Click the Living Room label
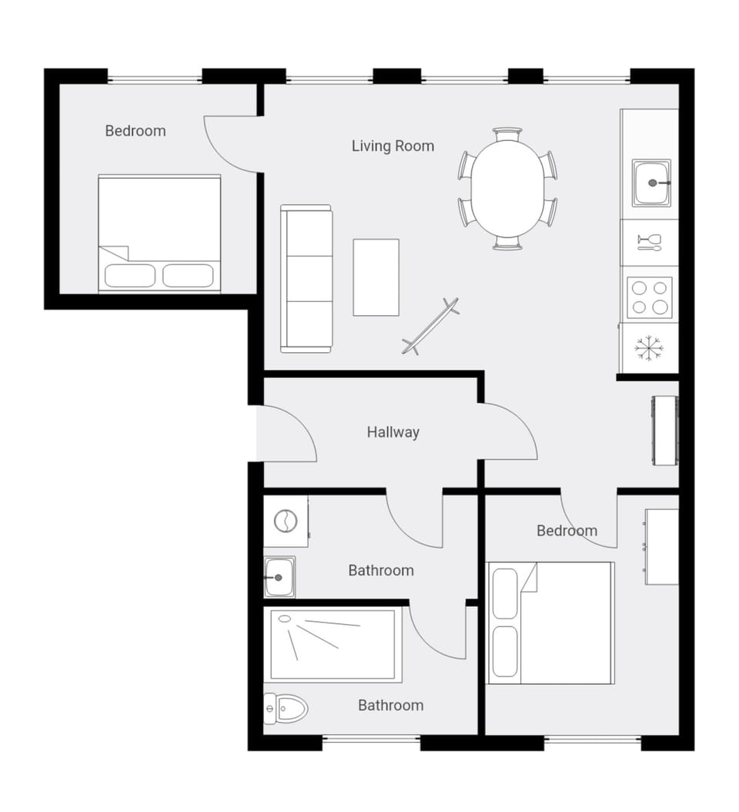click(393, 146)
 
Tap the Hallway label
click(393, 432)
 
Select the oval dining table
click(508, 189)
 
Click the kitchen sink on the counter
click(651, 183)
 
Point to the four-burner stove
click(649, 297)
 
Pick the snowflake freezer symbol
click(649, 349)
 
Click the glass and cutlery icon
click(649, 243)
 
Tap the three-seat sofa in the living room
click(306, 278)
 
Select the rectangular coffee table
click(376, 277)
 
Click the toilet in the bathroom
click(286, 707)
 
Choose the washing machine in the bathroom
click(286, 522)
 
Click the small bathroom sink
click(279, 577)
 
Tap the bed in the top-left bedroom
click(159, 233)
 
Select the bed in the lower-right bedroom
click(551, 622)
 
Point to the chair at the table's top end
click(507, 135)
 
